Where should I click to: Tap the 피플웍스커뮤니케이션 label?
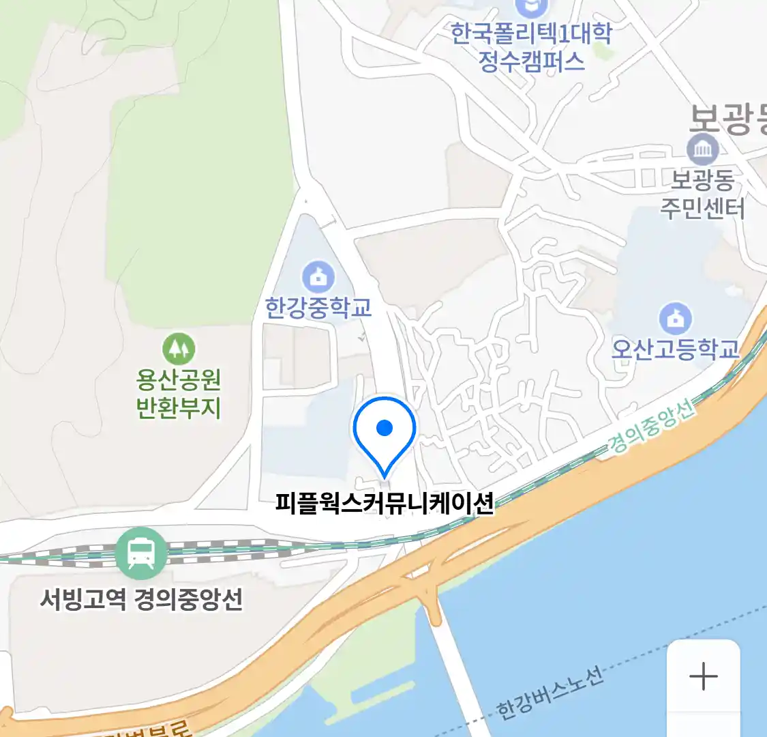(x=385, y=503)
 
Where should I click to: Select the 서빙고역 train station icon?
(x=141, y=553)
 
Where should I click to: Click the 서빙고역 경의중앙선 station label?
(x=141, y=600)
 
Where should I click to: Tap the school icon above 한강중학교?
(x=318, y=277)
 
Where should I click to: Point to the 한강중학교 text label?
(x=318, y=308)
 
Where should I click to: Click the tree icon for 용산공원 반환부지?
(x=179, y=349)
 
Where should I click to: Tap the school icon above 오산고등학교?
(x=675, y=319)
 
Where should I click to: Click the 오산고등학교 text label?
(x=675, y=349)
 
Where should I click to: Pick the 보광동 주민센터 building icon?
(x=703, y=149)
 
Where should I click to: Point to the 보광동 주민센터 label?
(x=702, y=194)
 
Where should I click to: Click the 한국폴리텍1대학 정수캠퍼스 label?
(x=531, y=47)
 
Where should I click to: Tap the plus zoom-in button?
(x=703, y=677)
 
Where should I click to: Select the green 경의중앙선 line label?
(x=651, y=427)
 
